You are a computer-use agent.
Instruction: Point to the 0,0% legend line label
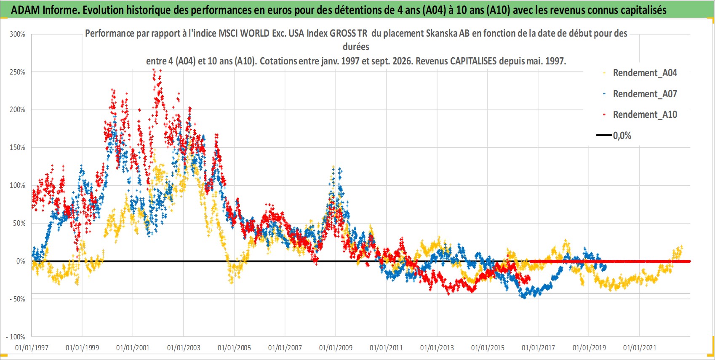pos(622,136)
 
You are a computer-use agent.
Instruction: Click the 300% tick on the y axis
pos(17,34)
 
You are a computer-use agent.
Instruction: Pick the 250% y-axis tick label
pos(17,72)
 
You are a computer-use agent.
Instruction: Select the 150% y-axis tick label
pos(17,147)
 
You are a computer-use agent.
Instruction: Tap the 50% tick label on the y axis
pos(19,223)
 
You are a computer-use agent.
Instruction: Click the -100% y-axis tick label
pos(15,337)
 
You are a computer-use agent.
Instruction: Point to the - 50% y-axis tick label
pos(17,299)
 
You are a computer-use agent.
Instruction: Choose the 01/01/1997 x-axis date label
pos(32,347)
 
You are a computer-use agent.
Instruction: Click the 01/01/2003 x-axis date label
pos(184,347)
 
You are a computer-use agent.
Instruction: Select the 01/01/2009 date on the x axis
pos(336,347)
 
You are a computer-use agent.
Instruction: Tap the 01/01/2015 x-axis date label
pos(488,347)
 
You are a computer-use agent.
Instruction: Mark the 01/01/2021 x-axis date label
pos(640,347)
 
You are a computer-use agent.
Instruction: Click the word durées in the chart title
pos(356,47)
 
